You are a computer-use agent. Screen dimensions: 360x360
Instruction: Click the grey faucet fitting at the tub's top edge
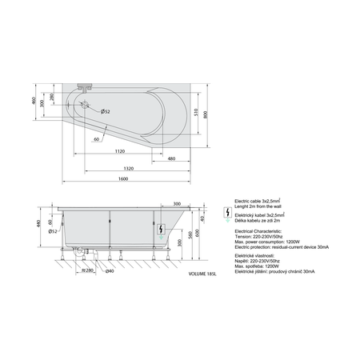[x=85, y=84]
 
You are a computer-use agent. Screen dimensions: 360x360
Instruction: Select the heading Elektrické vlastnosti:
[x=253, y=258]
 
